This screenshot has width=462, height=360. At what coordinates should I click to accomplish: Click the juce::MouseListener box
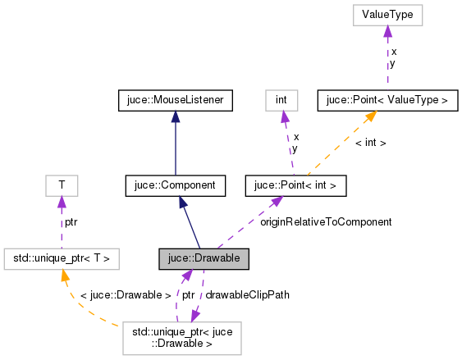point(176,101)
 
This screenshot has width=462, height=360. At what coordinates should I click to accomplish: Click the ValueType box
point(387,15)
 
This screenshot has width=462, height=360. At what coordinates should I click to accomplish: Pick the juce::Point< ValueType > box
point(387,101)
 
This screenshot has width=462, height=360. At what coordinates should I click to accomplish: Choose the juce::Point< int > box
point(296,186)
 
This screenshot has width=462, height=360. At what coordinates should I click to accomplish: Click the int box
point(281,101)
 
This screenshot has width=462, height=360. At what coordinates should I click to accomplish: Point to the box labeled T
point(62,186)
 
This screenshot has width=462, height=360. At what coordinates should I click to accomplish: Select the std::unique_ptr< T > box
point(62,259)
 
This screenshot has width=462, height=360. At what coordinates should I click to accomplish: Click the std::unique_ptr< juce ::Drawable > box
point(181,339)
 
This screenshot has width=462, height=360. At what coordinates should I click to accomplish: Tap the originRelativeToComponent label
point(326,221)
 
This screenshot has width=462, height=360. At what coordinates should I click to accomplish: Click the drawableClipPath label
point(247,294)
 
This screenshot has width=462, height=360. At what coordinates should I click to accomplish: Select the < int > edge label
point(370,143)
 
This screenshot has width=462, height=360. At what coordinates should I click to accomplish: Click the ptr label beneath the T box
point(72,221)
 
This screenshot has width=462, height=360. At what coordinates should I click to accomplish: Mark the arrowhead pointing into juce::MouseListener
point(176,117)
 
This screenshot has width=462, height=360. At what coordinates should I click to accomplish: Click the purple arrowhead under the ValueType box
point(387,31)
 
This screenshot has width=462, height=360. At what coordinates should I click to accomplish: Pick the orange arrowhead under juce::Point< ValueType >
point(370,117)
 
